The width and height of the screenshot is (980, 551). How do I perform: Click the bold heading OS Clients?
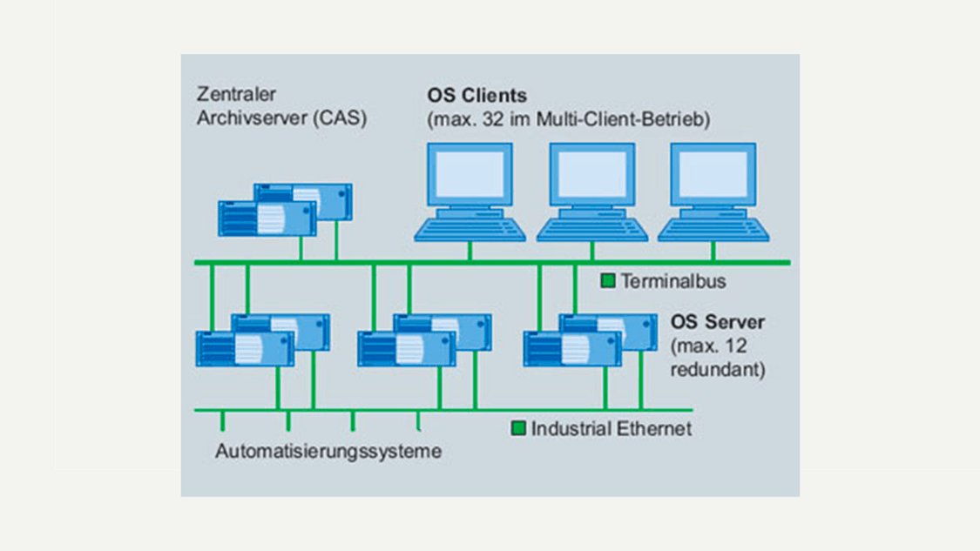tap(476, 95)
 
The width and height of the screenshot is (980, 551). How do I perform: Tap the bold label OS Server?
tap(718, 323)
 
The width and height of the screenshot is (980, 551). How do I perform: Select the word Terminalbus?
tap(672, 281)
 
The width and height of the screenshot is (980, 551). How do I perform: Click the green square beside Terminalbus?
tap(608, 281)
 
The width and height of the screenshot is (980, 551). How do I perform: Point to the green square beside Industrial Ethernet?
tap(518, 428)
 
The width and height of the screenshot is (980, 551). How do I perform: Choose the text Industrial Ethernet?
tap(612, 428)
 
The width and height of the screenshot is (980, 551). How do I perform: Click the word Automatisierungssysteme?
tap(328, 452)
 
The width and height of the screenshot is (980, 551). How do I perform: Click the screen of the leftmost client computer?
tap(470, 175)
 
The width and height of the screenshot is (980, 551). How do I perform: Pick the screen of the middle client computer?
tap(591, 175)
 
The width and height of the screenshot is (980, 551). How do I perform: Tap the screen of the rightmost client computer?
tap(713, 175)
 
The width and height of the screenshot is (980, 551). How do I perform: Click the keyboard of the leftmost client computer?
tap(470, 229)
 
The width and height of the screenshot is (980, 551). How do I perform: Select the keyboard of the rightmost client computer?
tap(713, 229)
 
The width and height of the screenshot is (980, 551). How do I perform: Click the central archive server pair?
tap(285, 210)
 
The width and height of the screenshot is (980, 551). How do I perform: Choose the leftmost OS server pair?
tap(262, 340)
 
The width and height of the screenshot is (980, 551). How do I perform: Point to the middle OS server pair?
tap(424, 340)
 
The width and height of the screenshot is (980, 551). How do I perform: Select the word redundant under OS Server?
tap(718, 369)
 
